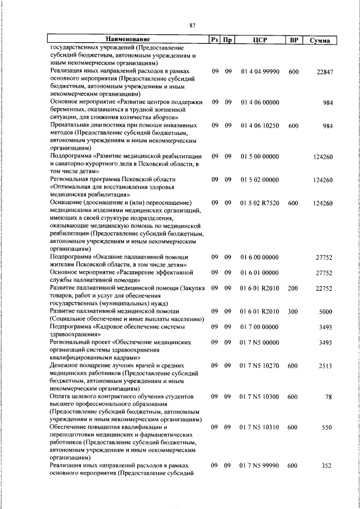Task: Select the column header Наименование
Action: pos(128,40)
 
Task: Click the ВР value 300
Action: pos(292,311)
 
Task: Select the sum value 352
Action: pos(328,466)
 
